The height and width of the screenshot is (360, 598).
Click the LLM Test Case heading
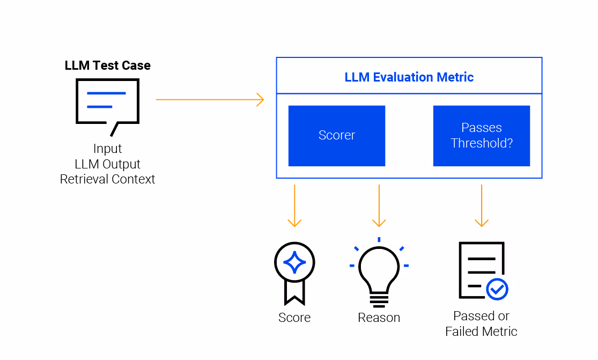108,65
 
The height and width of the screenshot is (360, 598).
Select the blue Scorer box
337,136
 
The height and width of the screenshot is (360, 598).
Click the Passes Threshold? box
482,136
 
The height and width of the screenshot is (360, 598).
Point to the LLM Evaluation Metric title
409,77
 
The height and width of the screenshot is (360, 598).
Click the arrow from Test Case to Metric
210,100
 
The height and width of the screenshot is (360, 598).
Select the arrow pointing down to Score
294,205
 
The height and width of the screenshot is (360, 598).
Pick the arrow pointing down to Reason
379,205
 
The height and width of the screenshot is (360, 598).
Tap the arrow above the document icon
482,205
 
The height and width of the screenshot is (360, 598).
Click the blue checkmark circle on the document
497,290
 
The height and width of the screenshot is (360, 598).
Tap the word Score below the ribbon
294,317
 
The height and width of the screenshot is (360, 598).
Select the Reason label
379,317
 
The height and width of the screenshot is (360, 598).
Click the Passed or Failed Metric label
481,324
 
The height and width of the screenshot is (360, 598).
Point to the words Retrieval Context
108,179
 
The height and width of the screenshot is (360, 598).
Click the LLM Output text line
108,164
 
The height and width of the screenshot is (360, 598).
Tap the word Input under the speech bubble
108,149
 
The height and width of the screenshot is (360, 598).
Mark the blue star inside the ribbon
294,262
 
